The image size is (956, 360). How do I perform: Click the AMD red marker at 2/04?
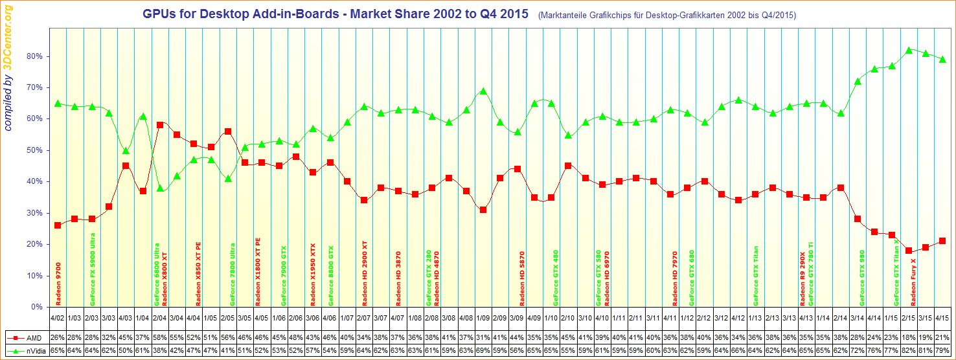click(x=159, y=124)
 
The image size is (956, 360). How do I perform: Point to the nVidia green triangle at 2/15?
click(x=909, y=50)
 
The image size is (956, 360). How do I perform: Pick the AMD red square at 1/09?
click(x=483, y=210)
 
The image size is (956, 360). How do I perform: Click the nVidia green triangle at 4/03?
click(x=126, y=151)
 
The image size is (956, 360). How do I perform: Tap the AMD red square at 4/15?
click(x=942, y=241)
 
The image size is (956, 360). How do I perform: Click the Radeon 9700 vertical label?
click(x=59, y=284)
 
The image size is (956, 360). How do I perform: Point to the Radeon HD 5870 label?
click(x=523, y=278)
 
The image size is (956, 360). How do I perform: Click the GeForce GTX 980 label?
click(x=862, y=278)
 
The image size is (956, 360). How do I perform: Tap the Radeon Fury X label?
click(x=913, y=282)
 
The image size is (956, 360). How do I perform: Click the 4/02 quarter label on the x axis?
click(x=58, y=318)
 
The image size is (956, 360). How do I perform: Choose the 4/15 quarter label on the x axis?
click(x=942, y=318)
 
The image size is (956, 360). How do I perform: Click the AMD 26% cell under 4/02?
click(x=58, y=338)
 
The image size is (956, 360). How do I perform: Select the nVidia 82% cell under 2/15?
click(x=909, y=350)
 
